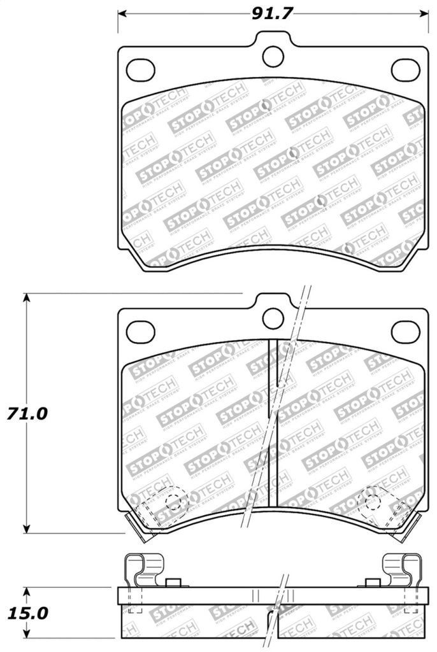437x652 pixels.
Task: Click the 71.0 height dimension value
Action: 27,413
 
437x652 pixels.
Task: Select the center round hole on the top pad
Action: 273,56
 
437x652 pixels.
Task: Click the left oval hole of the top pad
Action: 140,69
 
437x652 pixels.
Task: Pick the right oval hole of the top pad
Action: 405,69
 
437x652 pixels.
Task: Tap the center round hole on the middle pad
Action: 273,318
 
